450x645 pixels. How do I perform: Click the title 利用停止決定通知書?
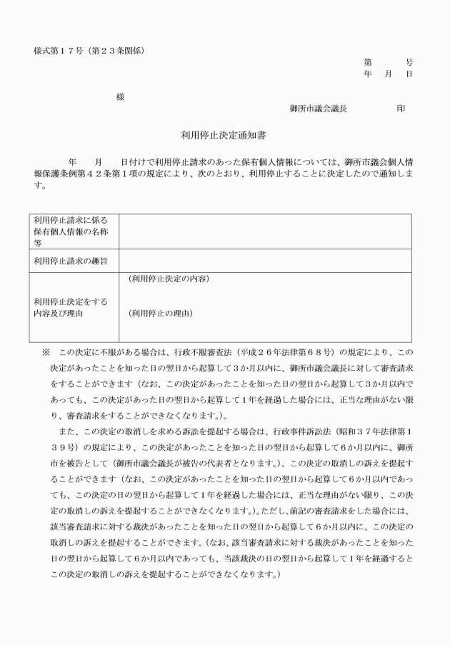(224, 134)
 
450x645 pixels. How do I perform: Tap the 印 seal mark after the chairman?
(401, 109)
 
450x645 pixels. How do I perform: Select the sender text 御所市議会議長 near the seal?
(319, 109)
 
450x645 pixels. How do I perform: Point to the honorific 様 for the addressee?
(120, 97)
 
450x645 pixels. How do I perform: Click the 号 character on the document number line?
(409, 62)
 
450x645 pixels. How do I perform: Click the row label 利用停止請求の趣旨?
(71, 261)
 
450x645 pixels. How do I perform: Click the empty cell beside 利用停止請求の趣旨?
(265, 261)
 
